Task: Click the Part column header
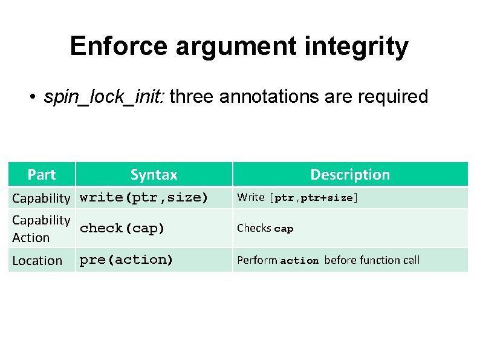[x=41, y=175]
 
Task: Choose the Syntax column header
[x=154, y=175]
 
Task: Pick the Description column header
[x=350, y=175]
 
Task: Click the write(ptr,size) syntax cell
[x=144, y=197]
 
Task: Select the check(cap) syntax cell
[x=122, y=228]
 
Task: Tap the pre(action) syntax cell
[x=126, y=260]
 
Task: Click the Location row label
[x=37, y=261]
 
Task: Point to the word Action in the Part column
[x=31, y=238]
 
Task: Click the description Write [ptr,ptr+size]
[x=297, y=197]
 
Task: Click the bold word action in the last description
[x=299, y=261]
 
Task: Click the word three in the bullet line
[x=192, y=97]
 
